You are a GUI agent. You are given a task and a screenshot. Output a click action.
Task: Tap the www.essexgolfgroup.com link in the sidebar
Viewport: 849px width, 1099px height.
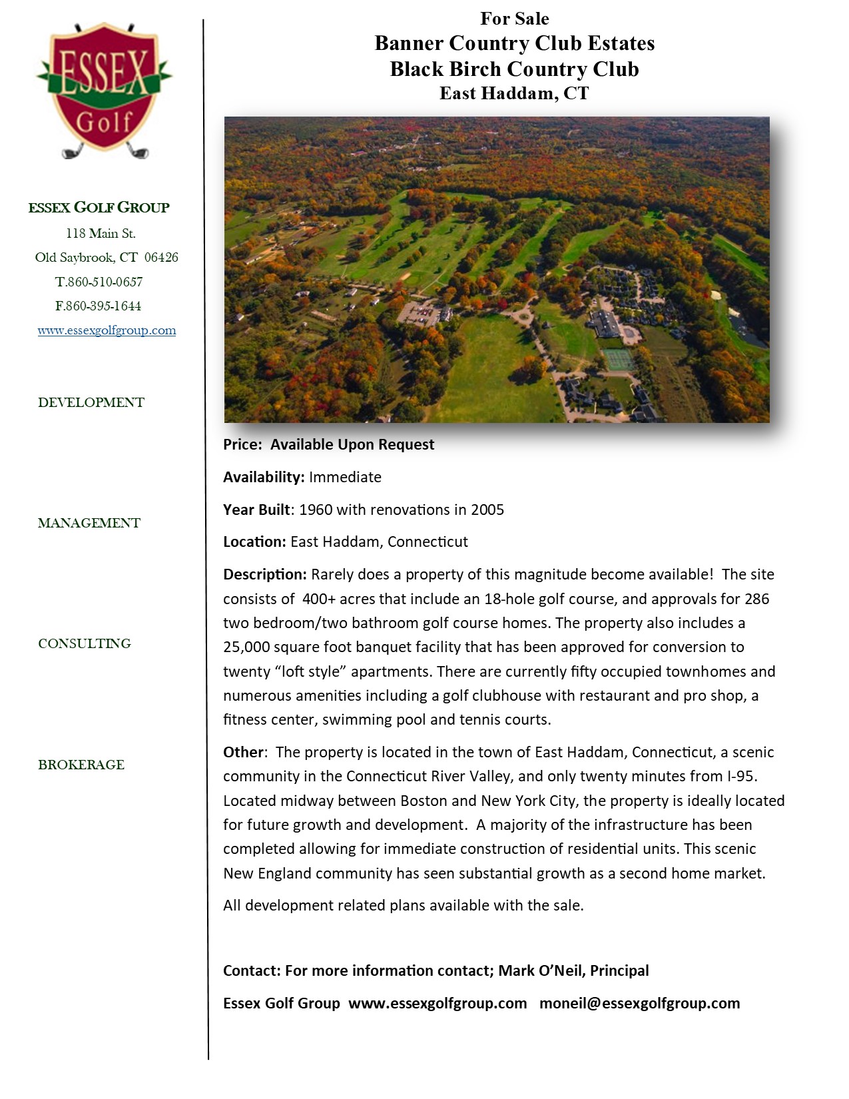[107, 330]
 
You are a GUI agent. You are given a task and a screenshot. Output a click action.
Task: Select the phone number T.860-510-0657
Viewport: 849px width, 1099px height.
[99, 282]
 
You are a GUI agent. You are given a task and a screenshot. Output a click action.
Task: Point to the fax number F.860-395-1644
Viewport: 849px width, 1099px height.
[98, 306]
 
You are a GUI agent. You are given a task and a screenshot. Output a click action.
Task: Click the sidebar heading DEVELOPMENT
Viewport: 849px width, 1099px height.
[91, 402]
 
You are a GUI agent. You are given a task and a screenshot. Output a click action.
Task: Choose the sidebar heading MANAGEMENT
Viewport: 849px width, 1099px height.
[89, 523]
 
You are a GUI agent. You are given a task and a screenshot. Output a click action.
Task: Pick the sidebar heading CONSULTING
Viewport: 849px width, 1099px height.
[85, 643]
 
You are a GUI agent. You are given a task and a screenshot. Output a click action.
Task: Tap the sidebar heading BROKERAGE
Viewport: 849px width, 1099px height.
[81, 765]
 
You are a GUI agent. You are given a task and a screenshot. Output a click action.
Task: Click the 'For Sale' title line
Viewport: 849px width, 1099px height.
[514, 19]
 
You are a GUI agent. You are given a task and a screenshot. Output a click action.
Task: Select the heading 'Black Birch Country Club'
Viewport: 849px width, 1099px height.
[514, 69]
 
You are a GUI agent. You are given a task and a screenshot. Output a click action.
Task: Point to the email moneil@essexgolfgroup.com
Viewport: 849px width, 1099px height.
[639, 1003]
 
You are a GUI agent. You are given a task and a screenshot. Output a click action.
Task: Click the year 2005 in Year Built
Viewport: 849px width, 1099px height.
[487, 510]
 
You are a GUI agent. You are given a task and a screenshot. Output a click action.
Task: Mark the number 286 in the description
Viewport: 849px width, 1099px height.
[756, 599]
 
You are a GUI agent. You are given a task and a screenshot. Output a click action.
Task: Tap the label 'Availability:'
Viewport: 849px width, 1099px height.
[264, 477]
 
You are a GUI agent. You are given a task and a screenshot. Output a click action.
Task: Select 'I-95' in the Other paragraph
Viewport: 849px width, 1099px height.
[740, 776]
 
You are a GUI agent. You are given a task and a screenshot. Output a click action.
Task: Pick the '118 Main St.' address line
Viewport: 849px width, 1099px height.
[101, 234]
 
